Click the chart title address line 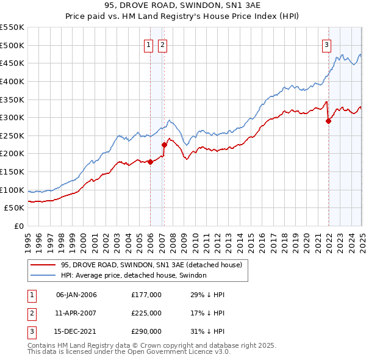coord(183,6)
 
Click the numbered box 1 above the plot coord(149,44)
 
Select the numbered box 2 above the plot coord(162,44)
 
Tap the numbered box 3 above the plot coord(327,44)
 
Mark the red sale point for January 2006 coord(150,162)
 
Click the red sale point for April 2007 coord(164,145)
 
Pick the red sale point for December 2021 coord(328,121)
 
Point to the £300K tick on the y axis coord(12,117)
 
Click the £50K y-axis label coord(15,207)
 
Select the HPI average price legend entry coord(134,275)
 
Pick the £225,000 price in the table coord(146,313)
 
